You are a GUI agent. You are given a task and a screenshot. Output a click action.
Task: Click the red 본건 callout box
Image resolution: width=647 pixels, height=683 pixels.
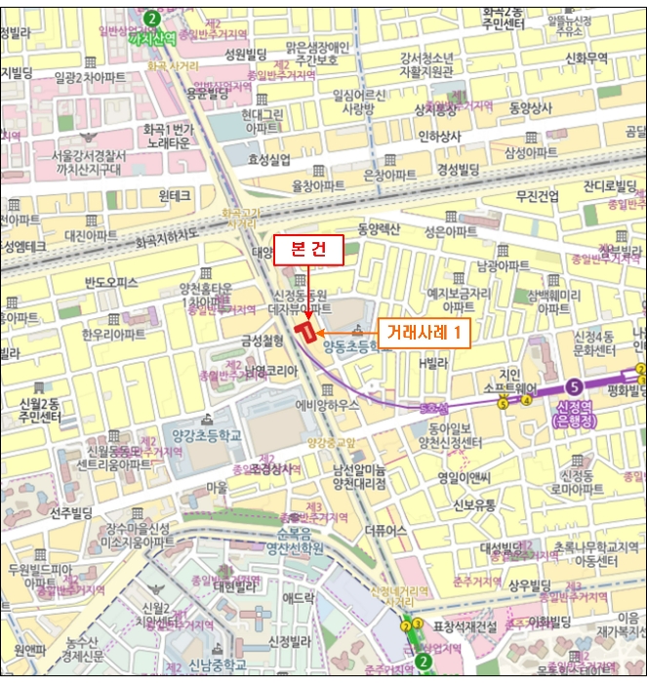tap(309, 250)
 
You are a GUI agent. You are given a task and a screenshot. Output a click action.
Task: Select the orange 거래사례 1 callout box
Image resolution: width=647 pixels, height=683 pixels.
tap(423, 333)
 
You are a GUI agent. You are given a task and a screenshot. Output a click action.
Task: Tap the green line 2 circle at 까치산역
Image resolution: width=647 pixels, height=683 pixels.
tap(151, 18)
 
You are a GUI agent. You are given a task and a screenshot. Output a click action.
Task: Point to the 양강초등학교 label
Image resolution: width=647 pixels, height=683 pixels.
tap(206, 412)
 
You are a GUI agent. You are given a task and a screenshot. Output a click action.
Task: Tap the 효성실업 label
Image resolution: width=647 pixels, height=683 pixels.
tap(269, 159)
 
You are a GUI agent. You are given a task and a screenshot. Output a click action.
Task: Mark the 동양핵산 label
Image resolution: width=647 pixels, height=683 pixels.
tap(379, 229)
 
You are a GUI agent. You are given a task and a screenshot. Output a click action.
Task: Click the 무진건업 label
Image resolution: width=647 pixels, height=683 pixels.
tap(538, 196)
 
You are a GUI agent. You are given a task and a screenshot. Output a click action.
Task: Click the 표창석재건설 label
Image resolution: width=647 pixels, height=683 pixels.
tap(465, 625)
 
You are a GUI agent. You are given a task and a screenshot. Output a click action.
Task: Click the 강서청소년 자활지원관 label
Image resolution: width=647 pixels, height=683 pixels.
tap(426, 63)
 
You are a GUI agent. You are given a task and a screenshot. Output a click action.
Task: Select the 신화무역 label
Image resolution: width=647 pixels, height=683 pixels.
tap(586, 58)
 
